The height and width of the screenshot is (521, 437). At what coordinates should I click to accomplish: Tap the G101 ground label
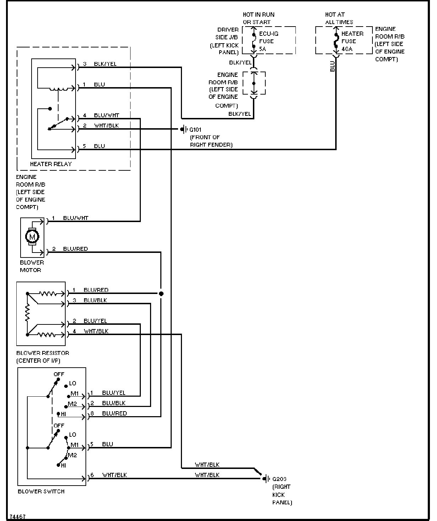pyautogui.click(x=195, y=130)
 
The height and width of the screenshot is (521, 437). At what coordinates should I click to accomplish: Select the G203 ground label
pyautogui.click(x=279, y=479)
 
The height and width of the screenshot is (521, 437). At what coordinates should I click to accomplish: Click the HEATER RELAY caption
pyautogui.click(x=51, y=164)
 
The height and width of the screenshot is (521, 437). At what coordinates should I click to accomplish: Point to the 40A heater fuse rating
pyautogui.click(x=347, y=49)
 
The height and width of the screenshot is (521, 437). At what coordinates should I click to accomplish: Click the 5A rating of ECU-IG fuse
pyautogui.click(x=262, y=49)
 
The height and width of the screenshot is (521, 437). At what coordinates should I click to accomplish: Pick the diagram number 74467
pyautogui.click(x=18, y=517)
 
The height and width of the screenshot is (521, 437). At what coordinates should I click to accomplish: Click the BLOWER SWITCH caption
pyautogui.click(x=41, y=491)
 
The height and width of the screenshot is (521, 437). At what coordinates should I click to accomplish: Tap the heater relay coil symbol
pyautogui.click(x=59, y=89)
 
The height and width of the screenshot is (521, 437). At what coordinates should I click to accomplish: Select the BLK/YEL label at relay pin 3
pyautogui.click(x=105, y=64)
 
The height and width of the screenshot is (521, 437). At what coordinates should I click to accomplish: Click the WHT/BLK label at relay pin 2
pyautogui.click(x=106, y=126)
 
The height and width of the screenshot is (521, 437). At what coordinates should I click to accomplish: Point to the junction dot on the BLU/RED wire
pyautogui.click(x=161, y=294)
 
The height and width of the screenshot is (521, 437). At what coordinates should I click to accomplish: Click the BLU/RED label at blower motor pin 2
pyautogui.click(x=75, y=249)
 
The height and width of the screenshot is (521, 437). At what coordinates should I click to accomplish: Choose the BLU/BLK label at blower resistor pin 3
pyautogui.click(x=95, y=300)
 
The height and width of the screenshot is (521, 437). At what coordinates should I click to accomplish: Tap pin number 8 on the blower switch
pyautogui.click(x=92, y=413)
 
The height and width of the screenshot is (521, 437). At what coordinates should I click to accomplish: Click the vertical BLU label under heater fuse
pyautogui.click(x=332, y=66)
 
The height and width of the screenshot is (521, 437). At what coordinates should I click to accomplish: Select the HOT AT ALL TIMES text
pyautogui.click(x=339, y=18)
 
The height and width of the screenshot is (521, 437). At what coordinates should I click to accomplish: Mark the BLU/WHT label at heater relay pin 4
pyautogui.click(x=106, y=115)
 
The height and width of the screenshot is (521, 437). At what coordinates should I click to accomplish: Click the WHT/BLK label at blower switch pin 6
pyautogui.click(x=114, y=475)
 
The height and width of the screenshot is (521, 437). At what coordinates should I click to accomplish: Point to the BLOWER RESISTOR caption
pyautogui.click(x=43, y=353)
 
